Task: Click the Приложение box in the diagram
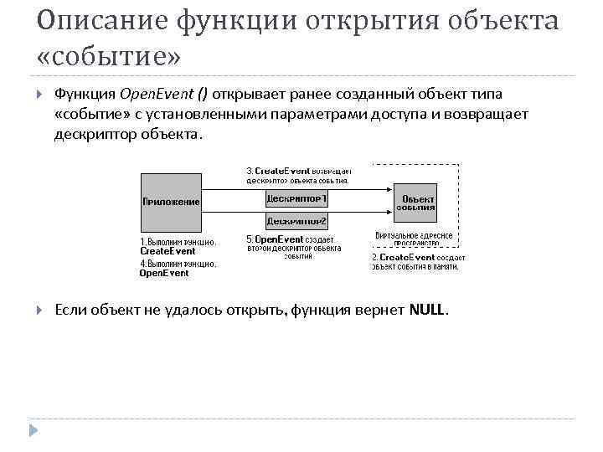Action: [172, 202]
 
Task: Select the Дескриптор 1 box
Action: [297, 198]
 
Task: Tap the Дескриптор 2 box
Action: [297, 221]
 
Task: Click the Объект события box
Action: [415, 203]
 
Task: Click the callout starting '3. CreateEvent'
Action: [298, 175]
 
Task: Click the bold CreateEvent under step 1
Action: [167, 251]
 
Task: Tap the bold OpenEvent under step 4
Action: [164, 273]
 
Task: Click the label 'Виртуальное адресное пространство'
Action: [414, 239]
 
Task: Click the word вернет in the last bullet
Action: [381, 311]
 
